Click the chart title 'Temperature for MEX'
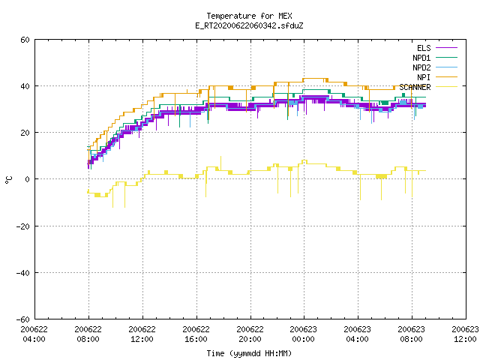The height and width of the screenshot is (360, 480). tap(249, 16)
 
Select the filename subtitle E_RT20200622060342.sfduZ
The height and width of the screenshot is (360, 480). tap(249, 25)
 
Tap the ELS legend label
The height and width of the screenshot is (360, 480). tap(424, 48)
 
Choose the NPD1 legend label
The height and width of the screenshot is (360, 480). tap(421, 58)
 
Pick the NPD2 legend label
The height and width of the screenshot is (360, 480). tap(421, 67)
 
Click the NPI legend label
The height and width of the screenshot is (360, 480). tap(424, 77)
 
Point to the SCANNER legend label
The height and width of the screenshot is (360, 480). tap(415, 87)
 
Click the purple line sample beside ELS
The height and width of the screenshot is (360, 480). tap(446, 48)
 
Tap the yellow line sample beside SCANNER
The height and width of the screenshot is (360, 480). tap(446, 87)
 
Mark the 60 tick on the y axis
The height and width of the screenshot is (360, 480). tap(25, 40)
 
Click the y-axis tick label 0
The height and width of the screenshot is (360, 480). tap(27, 179)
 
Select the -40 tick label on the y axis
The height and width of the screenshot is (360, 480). tap(23, 273)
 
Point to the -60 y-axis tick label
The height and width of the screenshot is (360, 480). tap(23, 319)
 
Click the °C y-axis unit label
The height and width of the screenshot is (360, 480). tap(8, 180)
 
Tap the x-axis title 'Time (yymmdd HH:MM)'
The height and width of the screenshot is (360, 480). tap(249, 353)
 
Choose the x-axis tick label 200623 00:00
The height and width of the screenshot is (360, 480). tap(303, 334)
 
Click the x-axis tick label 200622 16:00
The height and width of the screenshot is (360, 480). tap(196, 334)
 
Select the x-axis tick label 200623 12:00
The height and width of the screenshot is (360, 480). tap(465, 334)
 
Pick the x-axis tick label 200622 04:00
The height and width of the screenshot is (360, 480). tap(34, 334)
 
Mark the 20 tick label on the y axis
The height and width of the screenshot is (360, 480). tap(25, 133)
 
